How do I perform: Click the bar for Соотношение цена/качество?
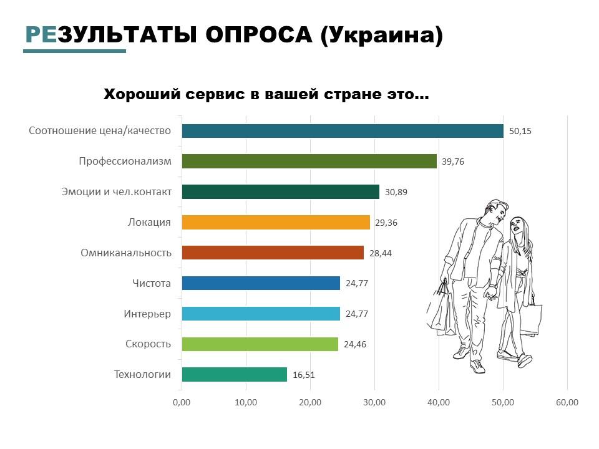[x=342, y=131]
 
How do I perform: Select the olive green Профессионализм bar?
[x=309, y=162]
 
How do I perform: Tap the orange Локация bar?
[x=275, y=222]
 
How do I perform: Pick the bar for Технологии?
[x=234, y=374]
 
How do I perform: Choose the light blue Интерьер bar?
[x=260, y=314]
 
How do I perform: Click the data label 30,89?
[x=396, y=192]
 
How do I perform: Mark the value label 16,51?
[x=303, y=375]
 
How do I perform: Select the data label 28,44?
[x=381, y=253]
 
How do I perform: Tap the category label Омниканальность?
[x=125, y=253]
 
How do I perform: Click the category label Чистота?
[x=151, y=283]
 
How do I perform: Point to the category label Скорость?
[x=148, y=344]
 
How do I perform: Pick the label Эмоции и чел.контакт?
[x=117, y=191]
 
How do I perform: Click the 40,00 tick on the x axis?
[x=439, y=402]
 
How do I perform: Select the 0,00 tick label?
[x=182, y=402]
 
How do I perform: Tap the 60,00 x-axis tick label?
[x=567, y=402]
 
